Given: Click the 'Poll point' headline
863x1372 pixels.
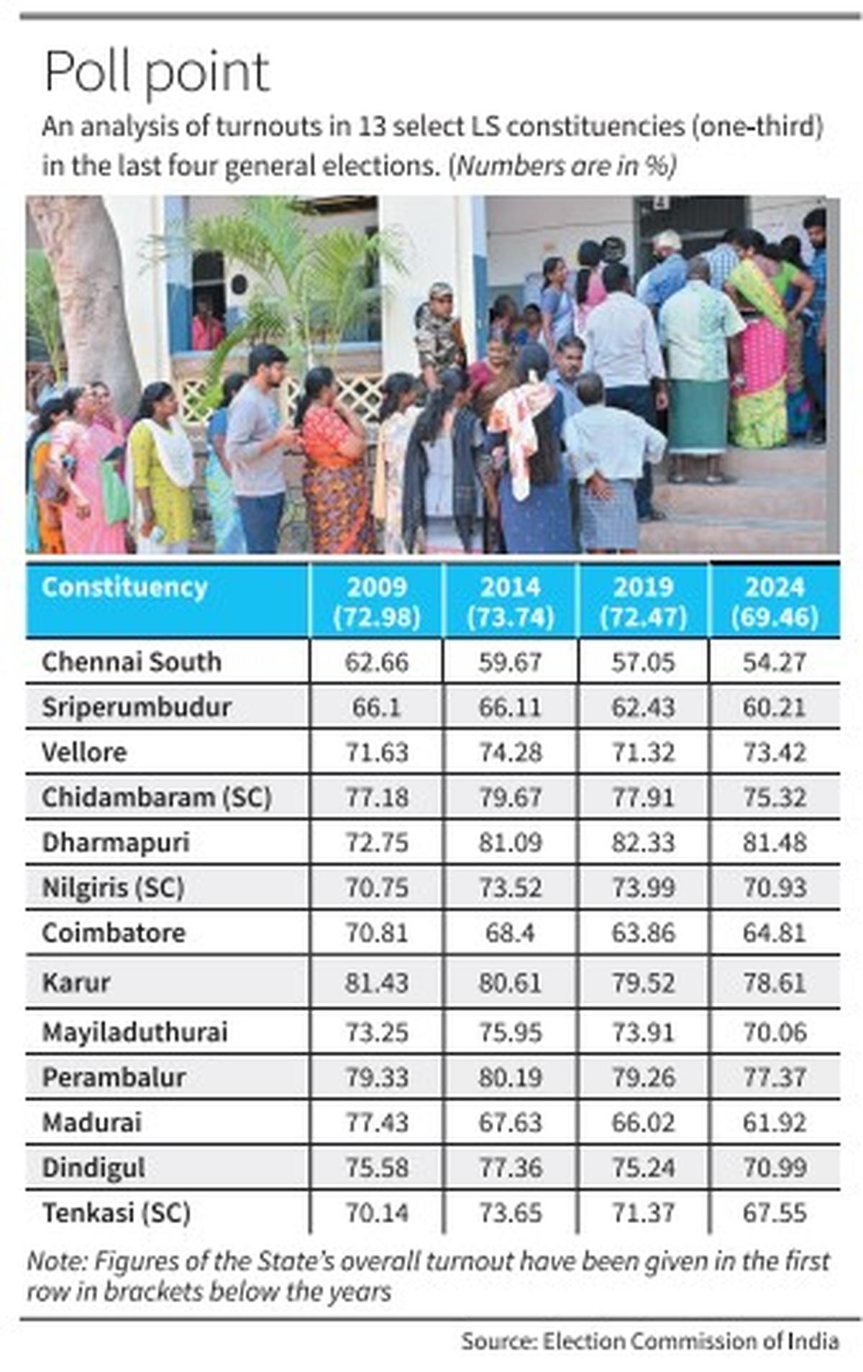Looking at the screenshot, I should [x=157, y=72].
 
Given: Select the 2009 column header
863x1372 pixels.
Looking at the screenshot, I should [x=377, y=601].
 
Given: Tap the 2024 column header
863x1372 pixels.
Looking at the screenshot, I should [x=775, y=601].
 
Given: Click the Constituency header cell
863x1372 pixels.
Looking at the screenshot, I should [x=124, y=587].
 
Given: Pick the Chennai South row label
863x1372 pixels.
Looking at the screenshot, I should [x=132, y=662].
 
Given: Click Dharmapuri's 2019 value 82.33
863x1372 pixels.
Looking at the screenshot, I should [x=643, y=842].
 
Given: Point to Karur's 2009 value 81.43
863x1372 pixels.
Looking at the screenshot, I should [x=377, y=982].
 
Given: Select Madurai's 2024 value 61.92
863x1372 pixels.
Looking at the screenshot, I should [x=775, y=1122].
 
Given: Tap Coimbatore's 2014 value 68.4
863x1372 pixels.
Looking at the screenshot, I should [x=510, y=933].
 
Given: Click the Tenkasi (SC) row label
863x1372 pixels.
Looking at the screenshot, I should [x=117, y=1212].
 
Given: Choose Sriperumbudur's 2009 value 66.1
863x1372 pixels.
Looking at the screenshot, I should [x=377, y=707].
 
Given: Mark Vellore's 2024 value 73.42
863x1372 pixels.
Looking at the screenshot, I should [x=775, y=752].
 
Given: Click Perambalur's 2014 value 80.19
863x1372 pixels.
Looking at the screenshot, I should [x=510, y=1077].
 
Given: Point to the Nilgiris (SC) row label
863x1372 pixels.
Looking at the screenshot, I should [x=113, y=887].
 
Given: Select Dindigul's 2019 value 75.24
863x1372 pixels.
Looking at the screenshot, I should [x=643, y=1167].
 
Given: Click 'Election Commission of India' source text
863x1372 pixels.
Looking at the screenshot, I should [x=690, y=1341].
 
